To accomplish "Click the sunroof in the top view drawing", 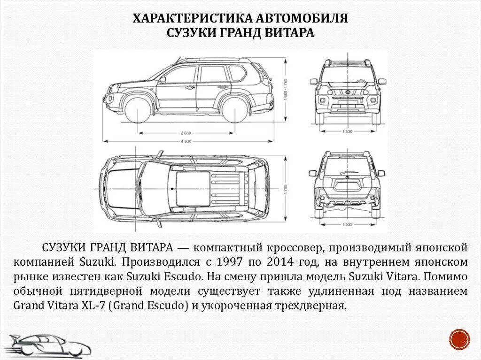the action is pyautogui.click(x=193, y=188).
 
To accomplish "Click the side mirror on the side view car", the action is pyautogui.click(x=163, y=80).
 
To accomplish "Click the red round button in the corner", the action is pyautogui.click(x=459, y=339).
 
